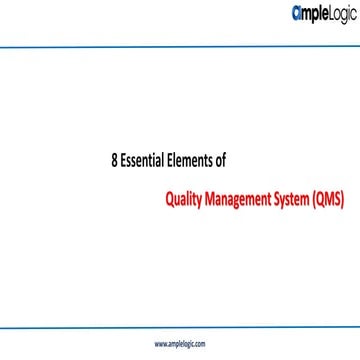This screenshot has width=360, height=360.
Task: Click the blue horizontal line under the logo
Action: coord(180,45)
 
